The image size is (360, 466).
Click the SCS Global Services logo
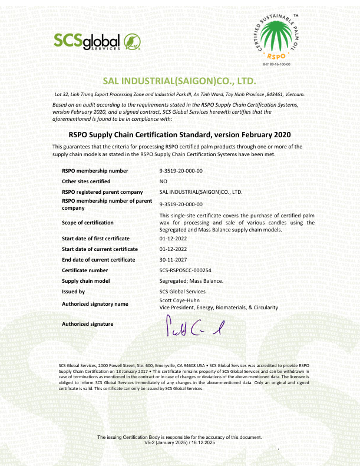click(x=96, y=41)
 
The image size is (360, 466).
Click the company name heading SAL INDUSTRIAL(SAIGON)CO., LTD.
click(x=180, y=81)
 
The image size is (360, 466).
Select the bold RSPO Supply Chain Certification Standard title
click(x=180, y=134)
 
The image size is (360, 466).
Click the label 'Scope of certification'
click(x=88, y=223)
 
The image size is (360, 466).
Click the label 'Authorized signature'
click(x=88, y=324)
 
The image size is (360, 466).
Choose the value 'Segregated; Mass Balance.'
click(x=191, y=281)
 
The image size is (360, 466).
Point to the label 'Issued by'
click(x=74, y=292)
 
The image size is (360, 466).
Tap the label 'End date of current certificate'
click(x=98, y=260)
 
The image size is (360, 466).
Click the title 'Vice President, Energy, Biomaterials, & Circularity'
click(x=219, y=308)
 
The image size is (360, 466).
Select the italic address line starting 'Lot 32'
click(x=180, y=94)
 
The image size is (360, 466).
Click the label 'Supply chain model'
click(x=86, y=281)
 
